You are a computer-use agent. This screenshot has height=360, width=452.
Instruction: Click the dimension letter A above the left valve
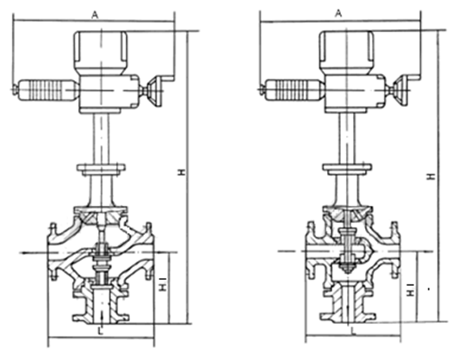[x=95, y=15]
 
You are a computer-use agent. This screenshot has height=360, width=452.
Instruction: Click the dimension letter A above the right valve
[x=339, y=13]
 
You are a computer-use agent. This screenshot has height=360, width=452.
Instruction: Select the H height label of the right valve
[x=430, y=177]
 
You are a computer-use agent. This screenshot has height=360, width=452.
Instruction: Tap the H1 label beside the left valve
[x=163, y=284]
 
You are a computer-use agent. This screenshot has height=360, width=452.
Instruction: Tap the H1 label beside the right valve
[x=411, y=290]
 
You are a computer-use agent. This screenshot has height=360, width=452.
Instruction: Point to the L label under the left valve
[x=101, y=332]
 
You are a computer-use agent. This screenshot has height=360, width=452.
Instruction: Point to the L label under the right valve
[x=353, y=331]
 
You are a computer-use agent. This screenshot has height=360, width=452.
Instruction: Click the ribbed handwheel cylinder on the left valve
[x=47, y=90]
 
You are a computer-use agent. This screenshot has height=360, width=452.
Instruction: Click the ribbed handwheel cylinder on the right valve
[x=294, y=90]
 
